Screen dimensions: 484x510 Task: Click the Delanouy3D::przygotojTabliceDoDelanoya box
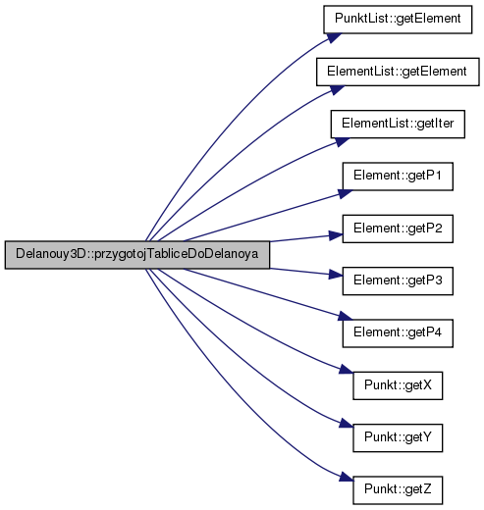tap(137, 255)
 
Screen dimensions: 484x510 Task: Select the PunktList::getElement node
tap(398, 20)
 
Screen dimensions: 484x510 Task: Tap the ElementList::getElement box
tap(398, 72)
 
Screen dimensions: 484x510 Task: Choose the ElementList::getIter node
tap(398, 125)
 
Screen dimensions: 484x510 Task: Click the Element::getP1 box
tap(398, 177)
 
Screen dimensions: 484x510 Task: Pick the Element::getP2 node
tap(398, 229)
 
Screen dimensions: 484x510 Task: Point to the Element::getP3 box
tap(398, 281)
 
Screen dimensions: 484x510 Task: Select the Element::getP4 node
tap(398, 333)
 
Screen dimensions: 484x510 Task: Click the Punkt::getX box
tap(398, 385)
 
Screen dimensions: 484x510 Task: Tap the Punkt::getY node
tap(398, 438)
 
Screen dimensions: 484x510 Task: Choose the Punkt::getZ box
tap(398, 490)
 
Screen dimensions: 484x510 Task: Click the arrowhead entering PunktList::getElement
tap(334, 37)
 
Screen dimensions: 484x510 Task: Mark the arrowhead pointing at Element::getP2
tap(336, 235)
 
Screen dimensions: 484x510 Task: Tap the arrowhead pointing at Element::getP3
tap(336, 275)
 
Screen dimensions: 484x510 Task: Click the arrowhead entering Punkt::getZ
tap(347, 477)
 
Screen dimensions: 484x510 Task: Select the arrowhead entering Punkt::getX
tap(347, 370)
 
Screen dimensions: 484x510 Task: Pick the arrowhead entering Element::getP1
tap(346, 193)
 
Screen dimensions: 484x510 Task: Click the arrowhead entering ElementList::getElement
tap(337, 89)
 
